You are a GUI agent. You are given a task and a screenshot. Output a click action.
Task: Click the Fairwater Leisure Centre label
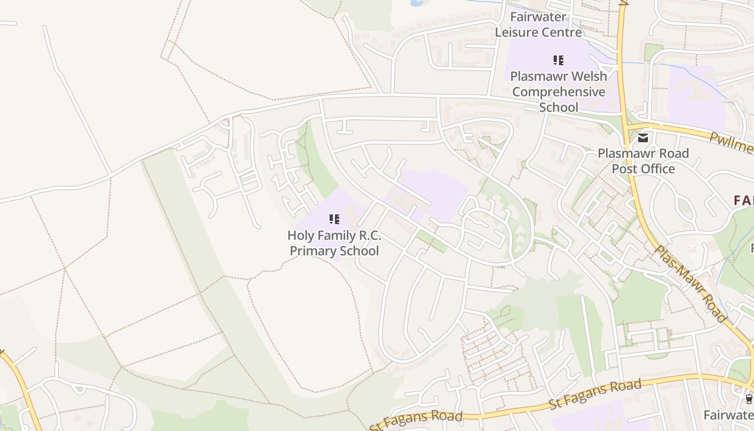[539, 24]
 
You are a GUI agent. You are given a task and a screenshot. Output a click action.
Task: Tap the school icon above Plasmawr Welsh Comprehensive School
[558, 60]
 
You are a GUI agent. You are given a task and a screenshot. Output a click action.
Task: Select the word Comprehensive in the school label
[558, 92]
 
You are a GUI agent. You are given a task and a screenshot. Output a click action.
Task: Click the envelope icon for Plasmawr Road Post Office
[643, 138]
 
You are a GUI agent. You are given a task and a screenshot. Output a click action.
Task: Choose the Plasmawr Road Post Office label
[643, 161]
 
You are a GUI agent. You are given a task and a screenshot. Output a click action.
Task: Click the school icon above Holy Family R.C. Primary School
[334, 219]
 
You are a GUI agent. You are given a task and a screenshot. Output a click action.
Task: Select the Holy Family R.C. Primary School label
[334, 243]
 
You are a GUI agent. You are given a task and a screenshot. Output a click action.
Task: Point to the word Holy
[300, 235]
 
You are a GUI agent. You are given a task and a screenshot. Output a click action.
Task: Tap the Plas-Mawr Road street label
[692, 283]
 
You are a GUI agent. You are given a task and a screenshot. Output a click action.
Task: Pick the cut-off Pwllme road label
[732, 142]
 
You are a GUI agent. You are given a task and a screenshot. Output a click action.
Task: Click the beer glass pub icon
[749, 399]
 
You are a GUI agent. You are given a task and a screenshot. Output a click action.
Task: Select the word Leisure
[518, 32]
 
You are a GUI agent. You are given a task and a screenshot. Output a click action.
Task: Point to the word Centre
[562, 32]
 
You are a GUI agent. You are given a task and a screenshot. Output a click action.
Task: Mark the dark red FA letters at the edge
[744, 201]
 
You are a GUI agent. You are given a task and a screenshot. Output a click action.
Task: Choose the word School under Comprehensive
[558, 107]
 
